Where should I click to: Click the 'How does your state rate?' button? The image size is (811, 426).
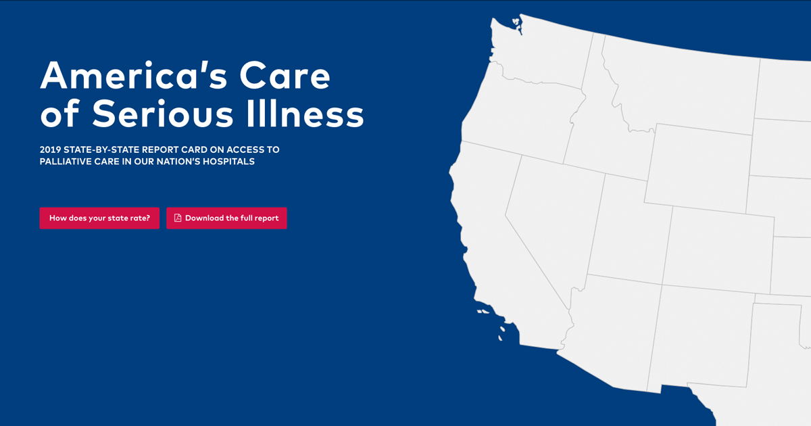pos(99,218)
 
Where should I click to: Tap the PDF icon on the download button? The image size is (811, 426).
pos(178,218)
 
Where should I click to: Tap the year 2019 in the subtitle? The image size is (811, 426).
pos(50,149)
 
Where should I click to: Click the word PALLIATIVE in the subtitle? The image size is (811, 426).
pos(68,162)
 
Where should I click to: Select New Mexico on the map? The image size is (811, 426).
pos(703,338)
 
